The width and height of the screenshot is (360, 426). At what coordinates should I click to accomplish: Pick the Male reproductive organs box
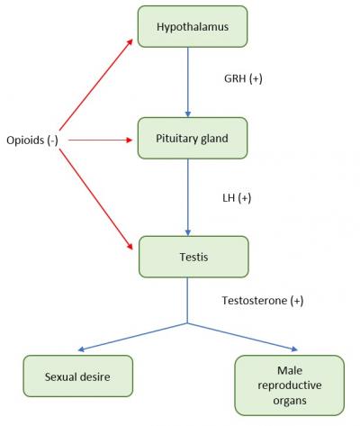289,385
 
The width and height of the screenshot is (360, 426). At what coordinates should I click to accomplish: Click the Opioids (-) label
34,140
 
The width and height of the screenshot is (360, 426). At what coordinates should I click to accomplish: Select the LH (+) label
237,196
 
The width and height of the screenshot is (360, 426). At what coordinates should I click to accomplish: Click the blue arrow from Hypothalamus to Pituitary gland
187,81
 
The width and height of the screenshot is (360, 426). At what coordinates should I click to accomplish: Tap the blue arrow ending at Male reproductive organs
243,337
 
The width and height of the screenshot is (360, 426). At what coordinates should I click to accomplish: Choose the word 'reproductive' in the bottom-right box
289,385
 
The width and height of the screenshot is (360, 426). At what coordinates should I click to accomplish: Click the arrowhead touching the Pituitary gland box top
187,113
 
